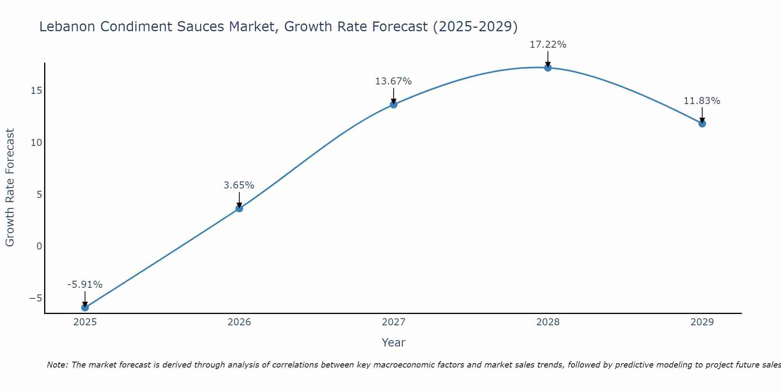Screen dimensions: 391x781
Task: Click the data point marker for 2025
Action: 85,307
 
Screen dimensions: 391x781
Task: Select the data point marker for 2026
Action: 239,208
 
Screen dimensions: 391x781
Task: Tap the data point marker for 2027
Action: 393,104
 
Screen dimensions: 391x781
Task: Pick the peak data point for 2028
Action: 547,68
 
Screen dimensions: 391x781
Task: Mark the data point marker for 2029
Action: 702,124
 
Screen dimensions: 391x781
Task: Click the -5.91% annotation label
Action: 85,285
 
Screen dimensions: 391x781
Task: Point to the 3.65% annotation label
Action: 239,185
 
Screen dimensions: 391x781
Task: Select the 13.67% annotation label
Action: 393,81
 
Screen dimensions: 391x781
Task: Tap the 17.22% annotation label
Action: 547,45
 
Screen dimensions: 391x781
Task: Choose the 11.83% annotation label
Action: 702,101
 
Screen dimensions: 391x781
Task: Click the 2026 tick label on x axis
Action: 239,322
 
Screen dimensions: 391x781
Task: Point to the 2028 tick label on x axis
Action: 547,322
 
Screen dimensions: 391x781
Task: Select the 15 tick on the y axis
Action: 36,91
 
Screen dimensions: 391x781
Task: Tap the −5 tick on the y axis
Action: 36,298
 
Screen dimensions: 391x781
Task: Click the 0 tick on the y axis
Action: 39,246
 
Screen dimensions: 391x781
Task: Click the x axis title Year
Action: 393,343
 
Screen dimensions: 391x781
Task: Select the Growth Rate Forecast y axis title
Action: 10,188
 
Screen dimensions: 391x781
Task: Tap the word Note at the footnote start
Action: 57,365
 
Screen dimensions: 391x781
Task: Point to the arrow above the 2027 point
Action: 393,96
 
